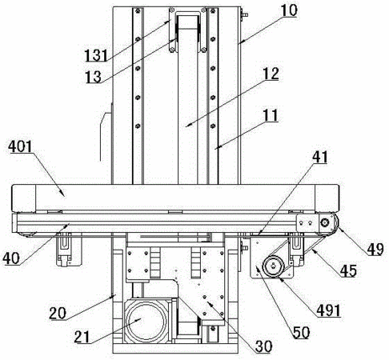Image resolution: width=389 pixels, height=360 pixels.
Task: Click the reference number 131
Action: [x=96, y=56]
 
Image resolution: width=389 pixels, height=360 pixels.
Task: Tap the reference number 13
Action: [x=94, y=77]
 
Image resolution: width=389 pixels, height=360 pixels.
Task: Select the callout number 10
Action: [x=289, y=11]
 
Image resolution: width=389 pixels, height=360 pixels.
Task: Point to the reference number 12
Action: [x=271, y=74]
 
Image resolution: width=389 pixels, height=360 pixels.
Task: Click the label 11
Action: [x=271, y=115]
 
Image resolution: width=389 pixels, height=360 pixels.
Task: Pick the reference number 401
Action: [x=20, y=146]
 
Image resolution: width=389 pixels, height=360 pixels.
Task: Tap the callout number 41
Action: [x=319, y=158]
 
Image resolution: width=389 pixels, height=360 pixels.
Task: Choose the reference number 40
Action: [x=11, y=258]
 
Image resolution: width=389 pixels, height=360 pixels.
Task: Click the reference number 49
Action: [x=375, y=250]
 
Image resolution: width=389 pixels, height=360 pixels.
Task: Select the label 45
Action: [x=348, y=270]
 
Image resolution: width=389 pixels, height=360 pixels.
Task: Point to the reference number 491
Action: [x=328, y=310]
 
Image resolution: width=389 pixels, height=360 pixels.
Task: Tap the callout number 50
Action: [x=302, y=333]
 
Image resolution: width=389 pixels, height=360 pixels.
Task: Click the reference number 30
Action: [x=263, y=346]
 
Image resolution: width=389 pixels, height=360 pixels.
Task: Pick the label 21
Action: [x=82, y=337]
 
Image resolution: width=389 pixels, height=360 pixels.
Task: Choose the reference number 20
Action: [x=58, y=313]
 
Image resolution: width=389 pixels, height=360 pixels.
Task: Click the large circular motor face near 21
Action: [x=146, y=321]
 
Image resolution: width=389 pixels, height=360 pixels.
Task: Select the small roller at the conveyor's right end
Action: [x=325, y=222]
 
